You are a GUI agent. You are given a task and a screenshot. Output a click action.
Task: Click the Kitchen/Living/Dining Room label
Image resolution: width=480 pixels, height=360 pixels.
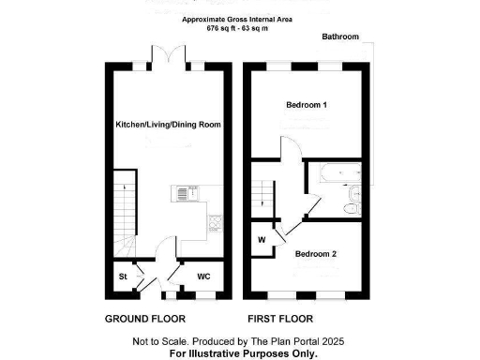(167, 125)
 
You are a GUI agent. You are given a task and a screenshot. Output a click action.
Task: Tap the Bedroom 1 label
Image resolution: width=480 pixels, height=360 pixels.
(306, 105)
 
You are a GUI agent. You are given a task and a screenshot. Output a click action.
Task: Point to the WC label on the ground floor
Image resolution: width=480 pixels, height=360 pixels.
(203, 277)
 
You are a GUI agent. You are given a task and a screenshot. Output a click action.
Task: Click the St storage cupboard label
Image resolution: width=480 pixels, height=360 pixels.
(123, 277)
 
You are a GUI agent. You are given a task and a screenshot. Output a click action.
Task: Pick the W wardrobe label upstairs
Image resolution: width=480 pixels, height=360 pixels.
(262, 239)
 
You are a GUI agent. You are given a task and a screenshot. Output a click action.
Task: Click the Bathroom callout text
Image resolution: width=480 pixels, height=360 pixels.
(340, 37)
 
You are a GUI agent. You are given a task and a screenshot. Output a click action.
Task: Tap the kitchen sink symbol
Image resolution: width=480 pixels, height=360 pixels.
(181, 194)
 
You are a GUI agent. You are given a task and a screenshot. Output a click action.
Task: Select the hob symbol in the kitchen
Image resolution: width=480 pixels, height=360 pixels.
(214, 223)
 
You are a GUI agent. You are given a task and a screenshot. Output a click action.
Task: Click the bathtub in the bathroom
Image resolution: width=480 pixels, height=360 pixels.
(337, 173)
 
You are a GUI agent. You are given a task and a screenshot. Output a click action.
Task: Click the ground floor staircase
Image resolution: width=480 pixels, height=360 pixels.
(123, 206)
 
